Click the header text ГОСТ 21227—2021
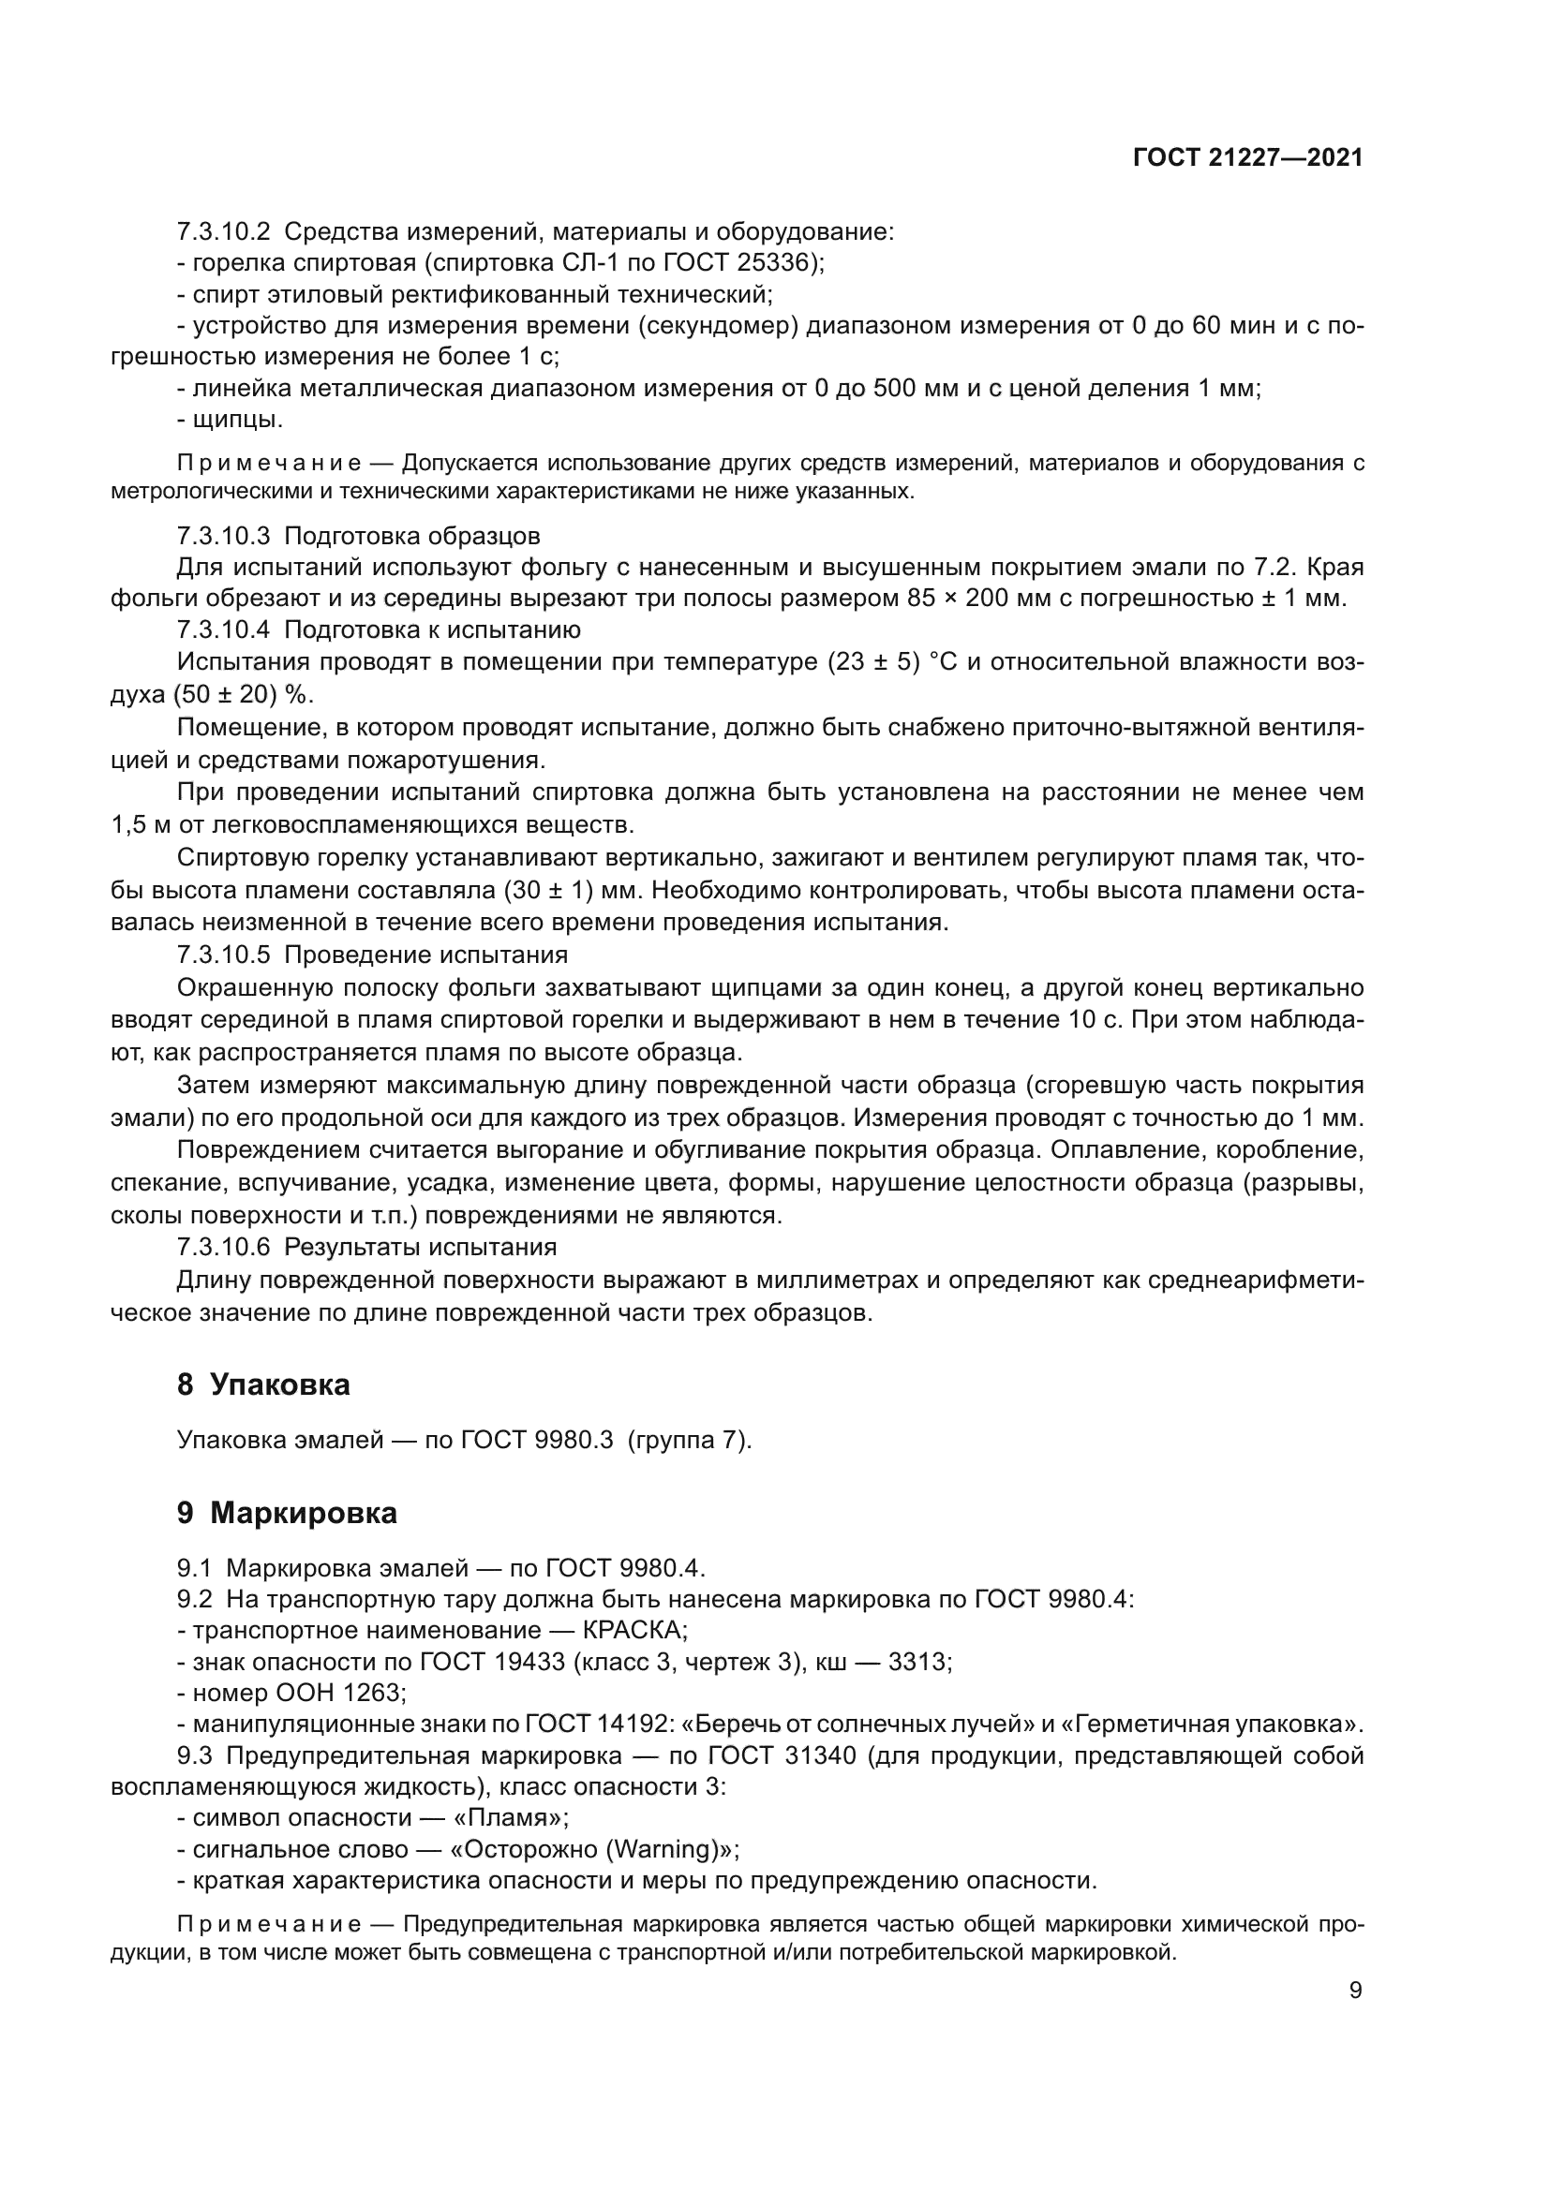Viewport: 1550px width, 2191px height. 1247,157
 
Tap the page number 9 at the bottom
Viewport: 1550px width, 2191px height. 1355,1991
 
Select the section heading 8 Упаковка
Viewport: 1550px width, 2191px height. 263,1384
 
